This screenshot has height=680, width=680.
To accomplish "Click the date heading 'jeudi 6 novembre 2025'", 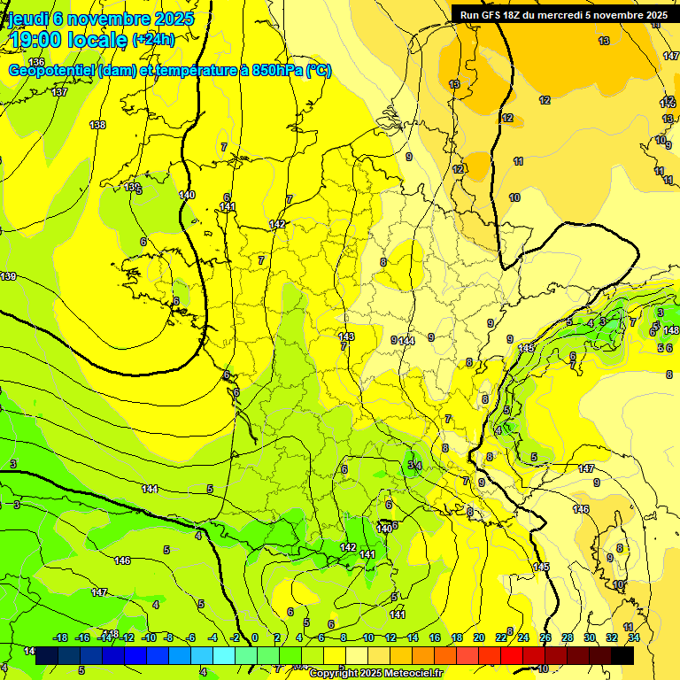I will click(100, 19).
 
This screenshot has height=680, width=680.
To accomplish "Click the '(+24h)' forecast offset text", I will click(153, 40).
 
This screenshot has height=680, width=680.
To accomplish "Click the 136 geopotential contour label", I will click(36, 61).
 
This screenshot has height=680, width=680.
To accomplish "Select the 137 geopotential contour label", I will click(59, 92).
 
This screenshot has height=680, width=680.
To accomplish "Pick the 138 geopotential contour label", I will click(97, 125).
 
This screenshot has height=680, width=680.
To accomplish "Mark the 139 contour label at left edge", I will click(8, 277).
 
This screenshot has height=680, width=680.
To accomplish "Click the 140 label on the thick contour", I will click(187, 195).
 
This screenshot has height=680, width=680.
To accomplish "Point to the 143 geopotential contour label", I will click(346, 336).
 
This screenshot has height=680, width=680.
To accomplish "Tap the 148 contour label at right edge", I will click(671, 330).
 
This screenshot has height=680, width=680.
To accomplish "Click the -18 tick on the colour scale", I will click(60, 637).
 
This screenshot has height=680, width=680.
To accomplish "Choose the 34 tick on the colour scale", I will click(634, 637).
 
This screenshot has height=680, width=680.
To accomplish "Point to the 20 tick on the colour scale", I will click(479, 637).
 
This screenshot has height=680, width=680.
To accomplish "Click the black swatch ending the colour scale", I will click(622, 655).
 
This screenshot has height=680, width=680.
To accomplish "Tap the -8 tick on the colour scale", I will click(168, 637).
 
